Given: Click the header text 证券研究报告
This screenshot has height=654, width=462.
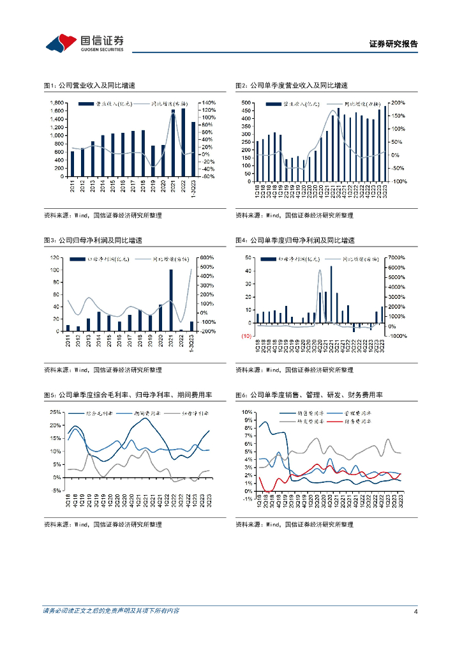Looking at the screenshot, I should click(394, 44).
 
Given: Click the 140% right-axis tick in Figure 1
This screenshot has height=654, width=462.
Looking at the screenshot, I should click(209, 103).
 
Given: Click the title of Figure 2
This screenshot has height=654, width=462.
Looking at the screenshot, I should click(292, 85).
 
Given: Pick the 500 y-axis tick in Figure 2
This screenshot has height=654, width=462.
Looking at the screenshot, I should click(246, 103).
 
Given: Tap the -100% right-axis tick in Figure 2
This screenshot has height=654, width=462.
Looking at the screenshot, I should click(398, 181).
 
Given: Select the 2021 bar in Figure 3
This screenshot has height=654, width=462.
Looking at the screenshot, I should click(171, 300).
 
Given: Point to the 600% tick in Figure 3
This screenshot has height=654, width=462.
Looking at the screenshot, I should click(209, 257).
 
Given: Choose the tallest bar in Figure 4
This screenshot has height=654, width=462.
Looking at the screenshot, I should click(331, 294).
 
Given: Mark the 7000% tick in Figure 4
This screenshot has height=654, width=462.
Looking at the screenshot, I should click(398, 257).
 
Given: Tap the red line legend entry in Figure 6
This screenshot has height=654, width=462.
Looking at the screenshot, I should click(355, 422).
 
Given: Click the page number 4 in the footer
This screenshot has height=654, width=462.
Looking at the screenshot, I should click(415, 611).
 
